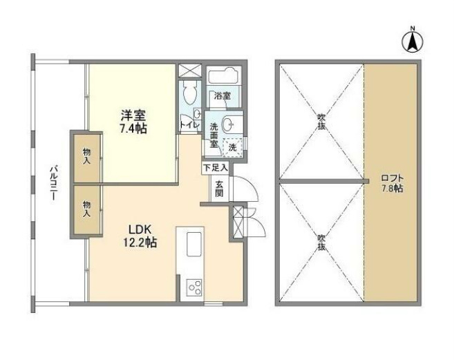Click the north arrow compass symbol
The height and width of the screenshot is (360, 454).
pyautogui.click(x=413, y=42)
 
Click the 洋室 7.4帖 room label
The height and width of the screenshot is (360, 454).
pyautogui.click(x=131, y=121)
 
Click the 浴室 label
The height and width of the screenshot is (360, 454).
pyautogui.click(x=223, y=95)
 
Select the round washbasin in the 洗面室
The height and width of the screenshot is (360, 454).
pyautogui.click(x=233, y=124)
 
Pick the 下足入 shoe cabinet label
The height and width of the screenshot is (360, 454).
pyautogui.click(x=214, y=168)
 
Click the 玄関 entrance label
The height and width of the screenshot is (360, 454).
pyautogui.click(x=218, y=188)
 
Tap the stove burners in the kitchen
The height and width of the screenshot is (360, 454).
pyautogui.click(x=193, y=287)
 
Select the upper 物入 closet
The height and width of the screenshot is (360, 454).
pyautogui.click(x=86, y=155)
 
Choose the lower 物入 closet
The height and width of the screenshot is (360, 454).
pyautogui.click(x=86, y=209)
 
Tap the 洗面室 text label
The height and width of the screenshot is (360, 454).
pyautogui.click(x=214, y=136)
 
